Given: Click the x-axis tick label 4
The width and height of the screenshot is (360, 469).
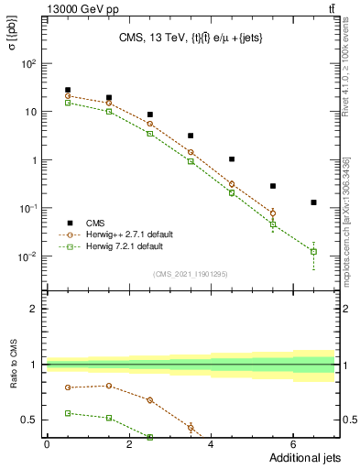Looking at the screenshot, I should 211,444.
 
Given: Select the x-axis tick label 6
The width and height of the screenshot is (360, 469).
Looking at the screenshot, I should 293,444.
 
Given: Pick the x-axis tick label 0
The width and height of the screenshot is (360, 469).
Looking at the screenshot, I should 47,444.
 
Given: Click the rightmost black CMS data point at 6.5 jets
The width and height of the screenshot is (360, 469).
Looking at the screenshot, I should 313,202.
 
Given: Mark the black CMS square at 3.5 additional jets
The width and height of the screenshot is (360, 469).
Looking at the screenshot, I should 191,136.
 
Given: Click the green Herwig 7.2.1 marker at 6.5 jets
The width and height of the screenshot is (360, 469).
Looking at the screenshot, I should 313,251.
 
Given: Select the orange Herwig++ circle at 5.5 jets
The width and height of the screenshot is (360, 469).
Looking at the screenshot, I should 273,213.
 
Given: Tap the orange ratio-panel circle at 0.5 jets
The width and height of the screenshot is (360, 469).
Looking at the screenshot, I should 68,387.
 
